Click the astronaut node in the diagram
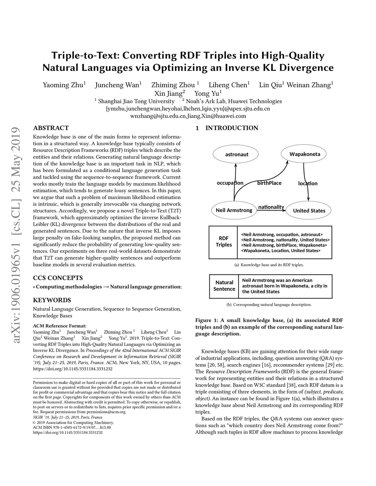point(236,154)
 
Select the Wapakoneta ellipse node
point(304,154)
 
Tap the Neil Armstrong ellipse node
point(234,210)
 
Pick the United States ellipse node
point(309,211)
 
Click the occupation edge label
point(230,183)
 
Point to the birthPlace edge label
point(269,183)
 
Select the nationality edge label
point(271,207)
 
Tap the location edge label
point(308,183)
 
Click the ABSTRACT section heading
point(51,128)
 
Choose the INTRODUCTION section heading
point(231,128)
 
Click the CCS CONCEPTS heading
point(58,278)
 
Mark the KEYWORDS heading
point(52,300)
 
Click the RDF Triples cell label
point(224,242)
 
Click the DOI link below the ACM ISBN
point(68,432)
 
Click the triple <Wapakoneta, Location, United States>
point(281,251)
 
